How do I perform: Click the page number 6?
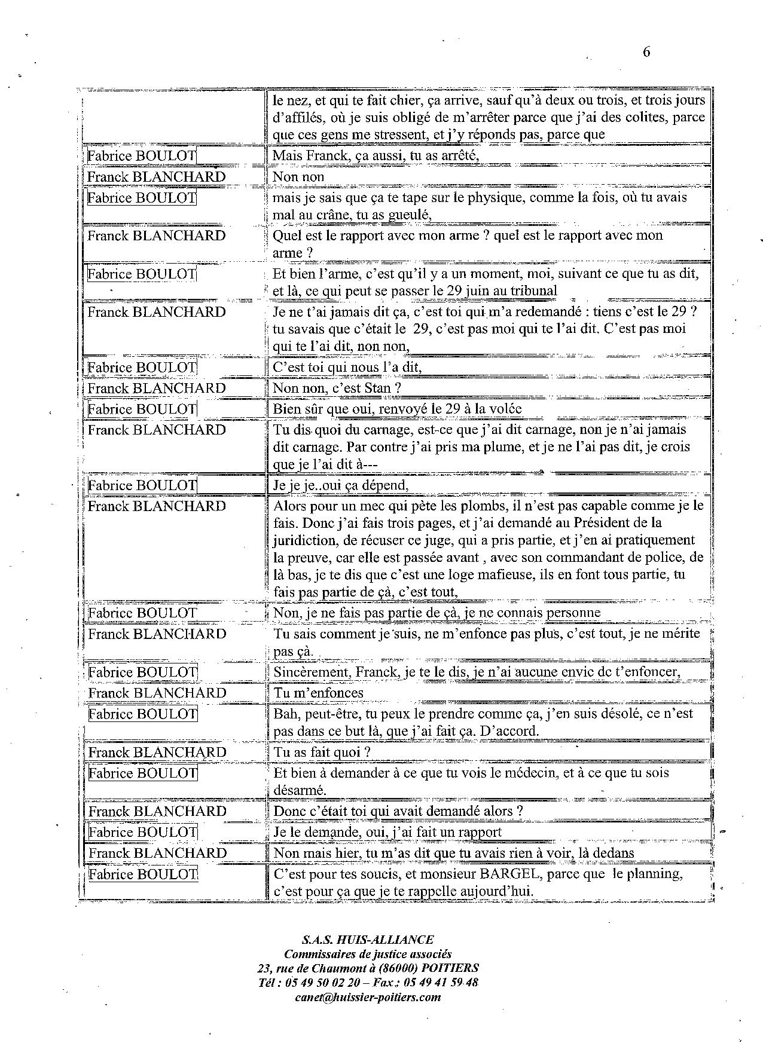[x=646, y=52]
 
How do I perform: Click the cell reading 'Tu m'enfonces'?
[x=318, y=693]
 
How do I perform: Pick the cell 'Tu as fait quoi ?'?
[x=322, y=753]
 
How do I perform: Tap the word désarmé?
[x=299, y=790]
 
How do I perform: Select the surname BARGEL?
[x=508, y=874]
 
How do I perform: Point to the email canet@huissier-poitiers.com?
[x=368, y=997]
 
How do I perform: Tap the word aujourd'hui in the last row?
[x=494, y=891]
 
